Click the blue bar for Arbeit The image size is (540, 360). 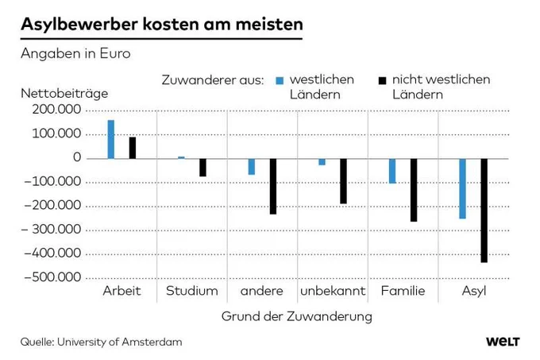coord(111,139)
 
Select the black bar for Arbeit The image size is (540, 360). coord(133,148)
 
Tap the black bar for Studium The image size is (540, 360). coord(202,168)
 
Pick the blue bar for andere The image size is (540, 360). coord(252,167)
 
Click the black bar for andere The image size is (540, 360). coord(273,187)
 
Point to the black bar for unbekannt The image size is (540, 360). coord(343,181)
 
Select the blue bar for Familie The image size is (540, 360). coord(392,171)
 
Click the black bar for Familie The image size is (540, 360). coord(414,190)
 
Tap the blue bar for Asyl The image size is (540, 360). coord(462,189)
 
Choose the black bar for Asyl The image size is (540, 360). coord(484,211)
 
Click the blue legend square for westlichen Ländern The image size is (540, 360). coord(280,80)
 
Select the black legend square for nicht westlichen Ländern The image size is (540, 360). coord(382,80)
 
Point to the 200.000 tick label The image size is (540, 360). coord(56,110)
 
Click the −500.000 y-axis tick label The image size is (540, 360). coord(52,277)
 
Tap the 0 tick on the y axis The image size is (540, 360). coord(77,157)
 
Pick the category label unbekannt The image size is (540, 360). coord(333,291)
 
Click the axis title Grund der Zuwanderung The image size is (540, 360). coord(297,316)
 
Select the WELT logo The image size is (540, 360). coord(503,342)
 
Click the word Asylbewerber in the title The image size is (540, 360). coord(79,25)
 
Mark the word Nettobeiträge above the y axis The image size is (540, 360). coord(64,93)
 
